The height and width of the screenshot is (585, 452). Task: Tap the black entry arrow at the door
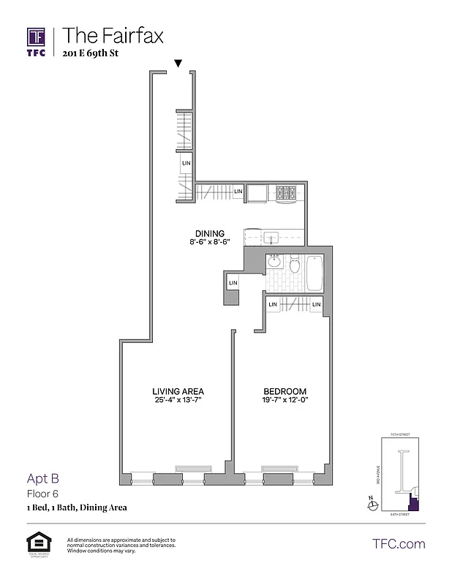(x=178, y=64)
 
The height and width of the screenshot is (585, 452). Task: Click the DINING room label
(x=209, y=234)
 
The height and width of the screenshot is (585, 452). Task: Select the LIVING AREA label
(x=178, y=390)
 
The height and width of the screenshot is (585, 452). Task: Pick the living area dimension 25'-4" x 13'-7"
(x=178, y=401)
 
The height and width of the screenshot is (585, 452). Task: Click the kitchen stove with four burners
(x=285, y=194)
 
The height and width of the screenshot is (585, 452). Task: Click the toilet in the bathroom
(x=295, y=265)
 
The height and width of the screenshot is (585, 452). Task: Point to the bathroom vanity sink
(x=274, y=262)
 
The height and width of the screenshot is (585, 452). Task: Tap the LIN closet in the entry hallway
(x=187, y=163)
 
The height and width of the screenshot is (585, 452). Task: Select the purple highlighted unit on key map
(x=414, y=503)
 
